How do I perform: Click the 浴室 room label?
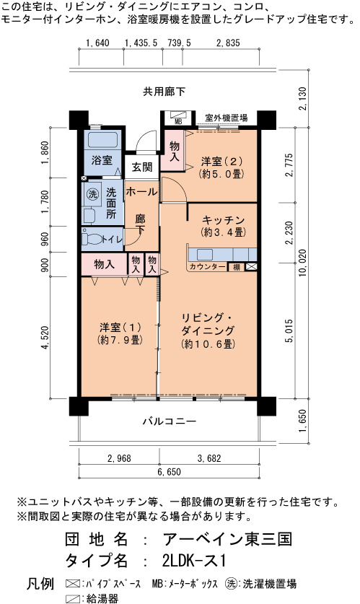pyautogui.click(x=102, y=160)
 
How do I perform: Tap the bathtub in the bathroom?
pyautogui.click(x=101, y=141)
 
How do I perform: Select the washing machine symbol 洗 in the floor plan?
pyautogui.click(x=92, y=194)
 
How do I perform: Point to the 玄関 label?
pyautogui.click(x=141, y=167)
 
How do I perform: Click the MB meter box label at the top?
pyautogui.click(x=178, y=123)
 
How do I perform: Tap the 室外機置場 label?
pyautogui.click(x=226, y=118)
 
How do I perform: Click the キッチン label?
pyautogui.click(x=224, y=220)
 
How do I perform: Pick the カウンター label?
pyautogui.click(x=207, y=266)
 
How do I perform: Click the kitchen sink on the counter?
pyautogui.click(x=204, y=255)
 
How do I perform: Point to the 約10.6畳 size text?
pyautogui.click(x=208, y=343)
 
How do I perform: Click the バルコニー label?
pyautogui.click(x=170, y=421)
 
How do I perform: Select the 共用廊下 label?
pyautogui.click(x=164, y=92)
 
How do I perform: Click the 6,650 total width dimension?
pyautogui.click(x=169, y=472)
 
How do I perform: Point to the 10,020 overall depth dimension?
pyautogui.click(x=302, y=263)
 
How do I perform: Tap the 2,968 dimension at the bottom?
pyautogui.click(x=119, y=458)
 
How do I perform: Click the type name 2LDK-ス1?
pyautogui.click(x=194, y=561)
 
